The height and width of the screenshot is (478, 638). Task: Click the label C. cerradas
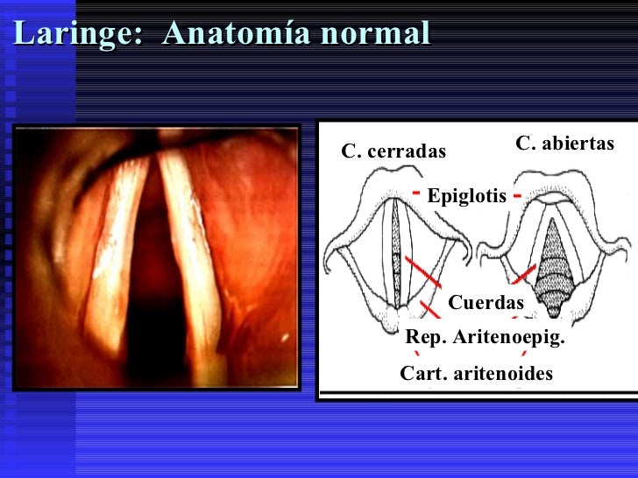coord(393,152)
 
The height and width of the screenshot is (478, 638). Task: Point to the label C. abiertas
coord(565,143)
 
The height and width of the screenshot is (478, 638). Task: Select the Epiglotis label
coord(466,197)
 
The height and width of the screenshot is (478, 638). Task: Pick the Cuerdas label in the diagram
coord(486,303)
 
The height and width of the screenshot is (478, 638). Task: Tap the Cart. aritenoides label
coord(477,374)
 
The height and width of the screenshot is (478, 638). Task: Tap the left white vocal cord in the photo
coord(121,245)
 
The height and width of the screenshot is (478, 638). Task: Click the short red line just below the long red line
coord(429,307)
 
